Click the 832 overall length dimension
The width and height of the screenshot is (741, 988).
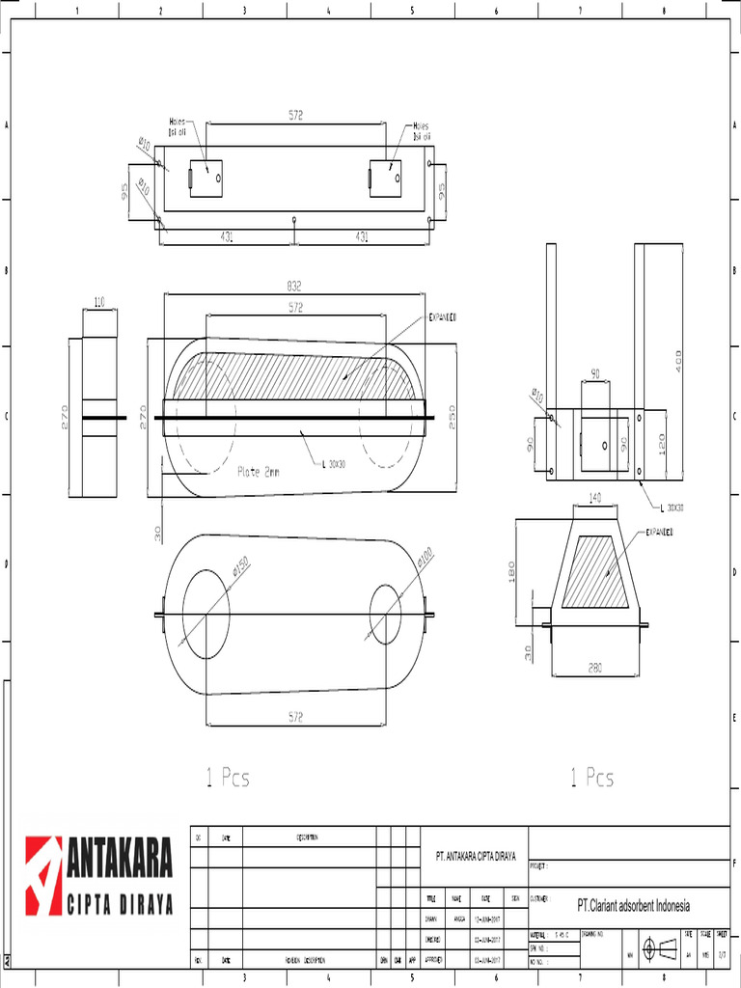coord(294,287)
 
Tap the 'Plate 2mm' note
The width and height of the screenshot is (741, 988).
coord(258,473)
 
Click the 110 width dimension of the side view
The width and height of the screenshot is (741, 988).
coord(99,303)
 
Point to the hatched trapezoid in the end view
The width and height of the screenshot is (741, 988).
coord(595,571)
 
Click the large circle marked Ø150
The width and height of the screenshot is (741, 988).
coord(206,615)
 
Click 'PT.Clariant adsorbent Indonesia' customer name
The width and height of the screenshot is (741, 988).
coord(633,906)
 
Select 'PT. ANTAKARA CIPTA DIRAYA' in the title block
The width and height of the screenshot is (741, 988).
coord(476,856)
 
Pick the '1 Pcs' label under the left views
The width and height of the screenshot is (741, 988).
coord(228,778)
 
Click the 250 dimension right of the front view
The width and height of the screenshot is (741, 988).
coord(452,417)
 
